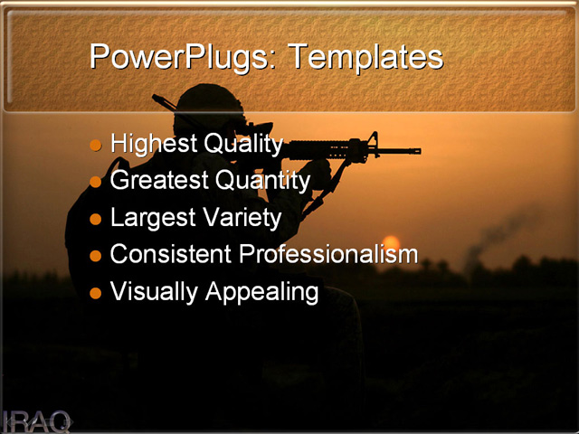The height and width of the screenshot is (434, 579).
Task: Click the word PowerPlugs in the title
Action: [x=184, y=57]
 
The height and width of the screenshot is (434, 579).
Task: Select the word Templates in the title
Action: [x=365, y=57]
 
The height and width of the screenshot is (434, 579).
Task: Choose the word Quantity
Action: [x=262, y=181]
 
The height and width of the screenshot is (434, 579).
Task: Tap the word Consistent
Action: [x=171, y=255]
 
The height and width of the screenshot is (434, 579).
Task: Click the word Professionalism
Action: [x=328, y=255]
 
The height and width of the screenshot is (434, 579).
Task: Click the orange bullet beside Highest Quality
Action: [x=96, y=145]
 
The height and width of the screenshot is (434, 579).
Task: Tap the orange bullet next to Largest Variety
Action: [x=96, y=219]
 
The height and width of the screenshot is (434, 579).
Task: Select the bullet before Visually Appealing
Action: [x=96, y=293]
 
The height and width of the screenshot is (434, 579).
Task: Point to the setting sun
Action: [x=391, y=245]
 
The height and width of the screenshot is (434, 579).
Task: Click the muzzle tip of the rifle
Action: [x=418, y=150]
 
